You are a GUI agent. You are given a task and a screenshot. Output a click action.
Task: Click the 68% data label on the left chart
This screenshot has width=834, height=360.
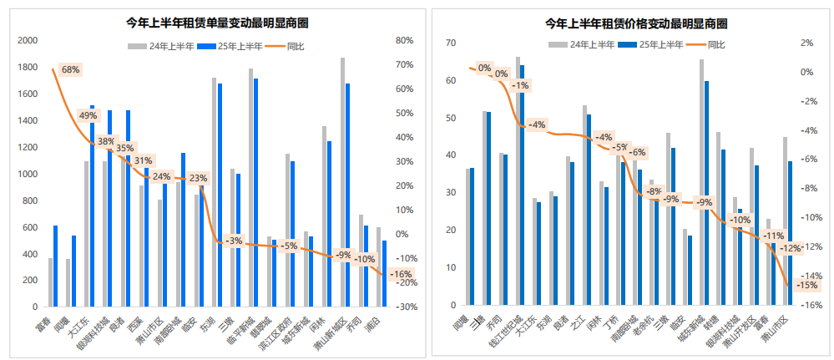(x=70, y=69)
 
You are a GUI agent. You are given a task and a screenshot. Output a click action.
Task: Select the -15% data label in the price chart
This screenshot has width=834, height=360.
(x=806, y=285)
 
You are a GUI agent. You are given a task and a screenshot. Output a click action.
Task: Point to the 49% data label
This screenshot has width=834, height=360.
(x=88, y=115)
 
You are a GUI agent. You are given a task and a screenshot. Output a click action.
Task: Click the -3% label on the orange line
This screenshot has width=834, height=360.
(x=233, y=241)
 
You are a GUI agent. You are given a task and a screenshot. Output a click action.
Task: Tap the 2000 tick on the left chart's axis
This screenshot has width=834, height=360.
(x=28, y=40)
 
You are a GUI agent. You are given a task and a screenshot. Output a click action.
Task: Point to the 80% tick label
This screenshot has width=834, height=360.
(x=405, y=40)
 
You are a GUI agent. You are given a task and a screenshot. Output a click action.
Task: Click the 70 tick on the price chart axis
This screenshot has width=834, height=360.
(x=450, y=43)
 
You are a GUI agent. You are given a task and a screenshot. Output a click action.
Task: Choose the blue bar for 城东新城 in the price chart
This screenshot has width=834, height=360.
(x=707, y=192)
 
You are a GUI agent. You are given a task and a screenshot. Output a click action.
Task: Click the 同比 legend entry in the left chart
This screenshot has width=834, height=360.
(x=286, y=46)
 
